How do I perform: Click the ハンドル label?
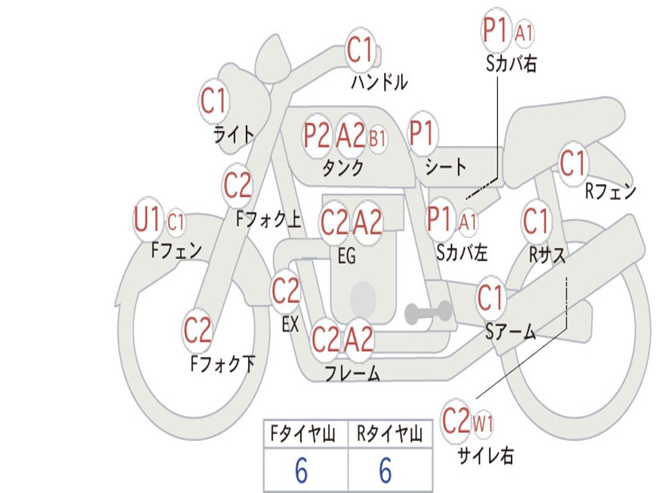379,82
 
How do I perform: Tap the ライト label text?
233,134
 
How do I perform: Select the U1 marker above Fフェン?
148,220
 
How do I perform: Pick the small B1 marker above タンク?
377,138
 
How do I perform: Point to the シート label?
446,168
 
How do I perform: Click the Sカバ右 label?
511,64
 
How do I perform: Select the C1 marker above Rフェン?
573,164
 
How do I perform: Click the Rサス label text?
547,255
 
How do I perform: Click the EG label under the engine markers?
346,256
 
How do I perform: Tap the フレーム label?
351,373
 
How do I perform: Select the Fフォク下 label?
222,364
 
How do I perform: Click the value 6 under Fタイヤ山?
301,471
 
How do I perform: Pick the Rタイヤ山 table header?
389,435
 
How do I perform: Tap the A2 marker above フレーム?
359,339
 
